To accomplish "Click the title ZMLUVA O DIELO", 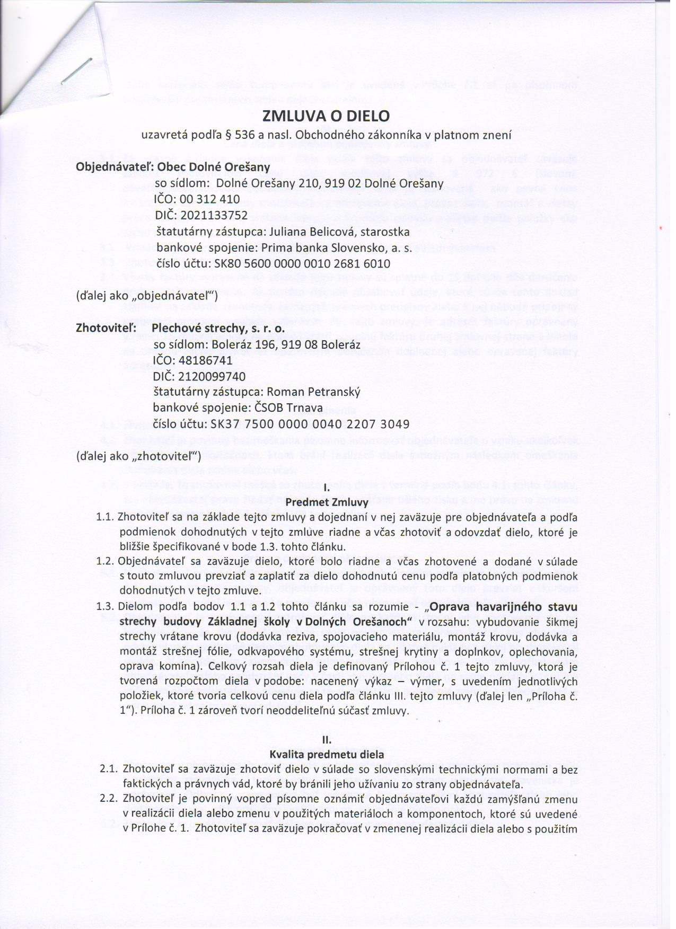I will click(x=326, y=116).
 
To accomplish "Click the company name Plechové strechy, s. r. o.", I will click(x=218, y=329).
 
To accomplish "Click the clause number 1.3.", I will click(x=106, y=606).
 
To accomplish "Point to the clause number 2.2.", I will click(x=109, y=799).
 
